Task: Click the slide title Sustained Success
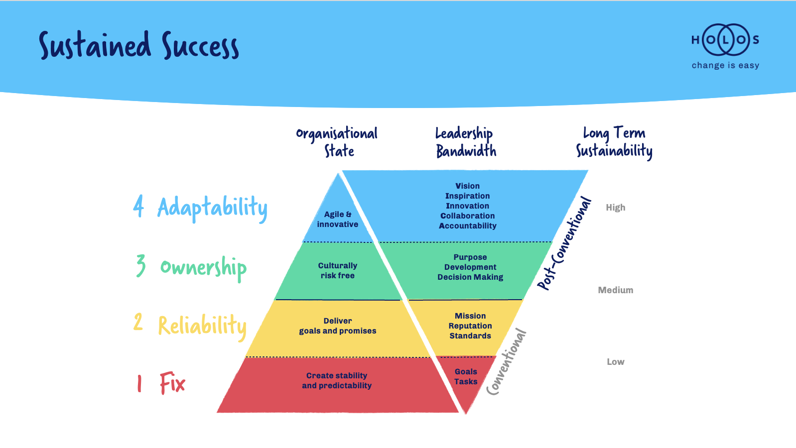click(139, 46)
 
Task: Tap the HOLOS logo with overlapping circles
click(725, 40)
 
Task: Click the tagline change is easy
click(725, 65)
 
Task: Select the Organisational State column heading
click(337, 142)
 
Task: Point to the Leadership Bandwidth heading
click(465, 142)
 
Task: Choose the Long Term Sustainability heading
click(614, 142)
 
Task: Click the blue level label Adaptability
click(212, 208)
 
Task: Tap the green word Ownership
click(203, 268)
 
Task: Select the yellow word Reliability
click(202, 326)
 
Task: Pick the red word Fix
click(172, 383)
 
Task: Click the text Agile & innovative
click(338, 220)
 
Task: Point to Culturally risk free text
click(338, 271)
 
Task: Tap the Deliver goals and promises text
click(338, 326)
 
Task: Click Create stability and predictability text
click(337, 381)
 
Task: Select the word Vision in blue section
click(467, 186)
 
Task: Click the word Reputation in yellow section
click(470, 326)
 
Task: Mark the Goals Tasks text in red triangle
click(466, 377)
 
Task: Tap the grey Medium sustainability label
click(616, 290)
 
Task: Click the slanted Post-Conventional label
click(564, 244)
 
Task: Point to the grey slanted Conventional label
click(507, 362)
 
